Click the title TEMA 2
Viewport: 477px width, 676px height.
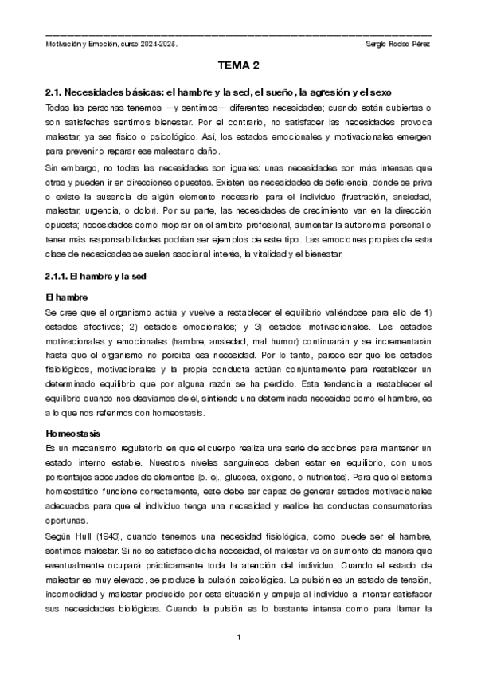[238, 66]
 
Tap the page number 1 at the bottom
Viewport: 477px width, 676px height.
[239, 638]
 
